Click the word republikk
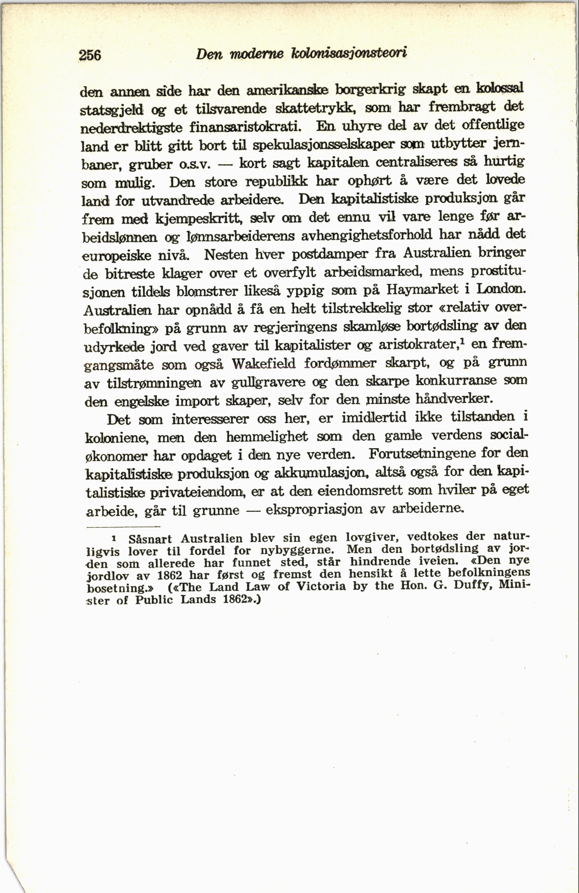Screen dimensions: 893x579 277,182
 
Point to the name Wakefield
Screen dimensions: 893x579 264,363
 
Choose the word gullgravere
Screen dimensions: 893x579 268,382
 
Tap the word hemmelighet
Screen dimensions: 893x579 267,436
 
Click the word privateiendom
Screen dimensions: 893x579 196,492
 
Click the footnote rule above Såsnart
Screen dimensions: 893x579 123,527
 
